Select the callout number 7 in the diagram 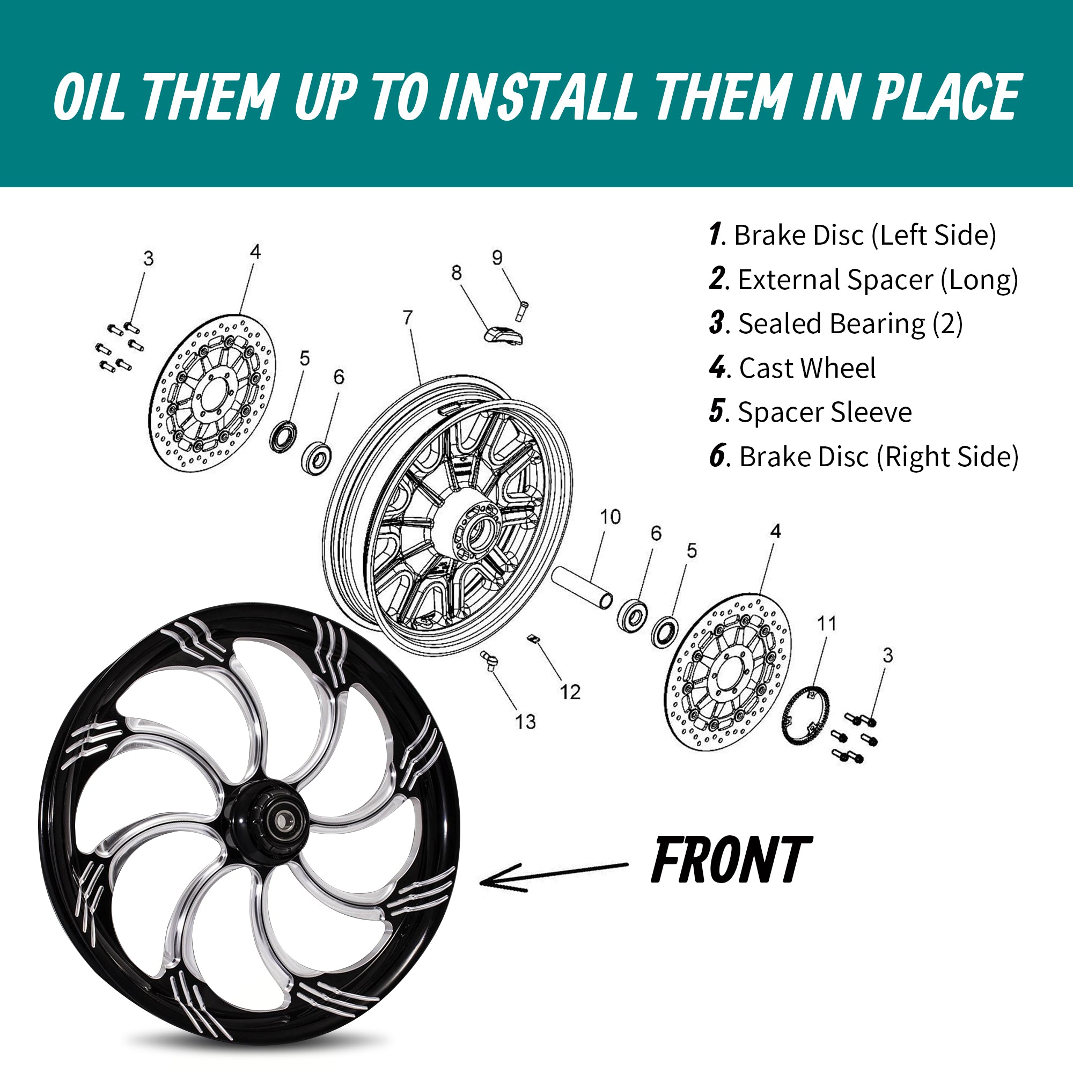point(408,317)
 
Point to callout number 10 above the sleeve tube point(610,517)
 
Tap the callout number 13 point(525,722)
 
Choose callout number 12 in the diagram point(570,692)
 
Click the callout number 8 point(456,273)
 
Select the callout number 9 point(497,257)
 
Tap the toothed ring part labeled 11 point(805,715)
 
